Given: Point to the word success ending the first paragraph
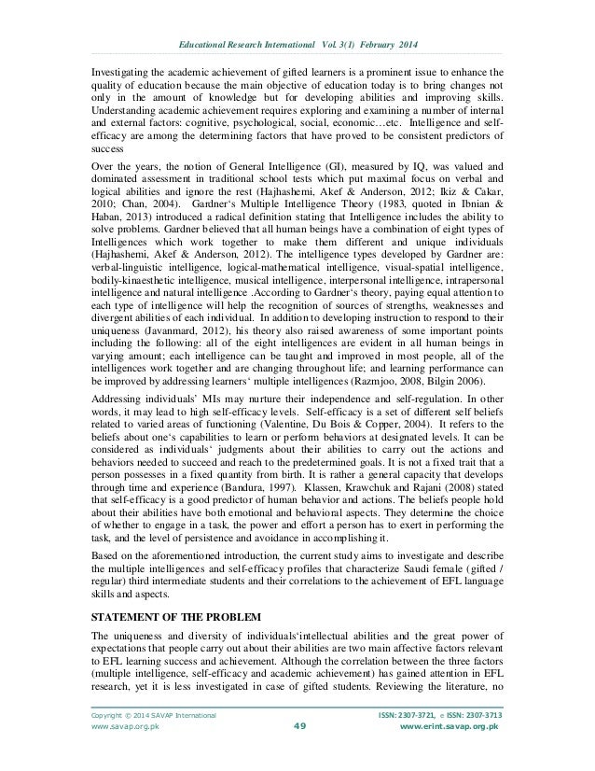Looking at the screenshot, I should tap(105, 136).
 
